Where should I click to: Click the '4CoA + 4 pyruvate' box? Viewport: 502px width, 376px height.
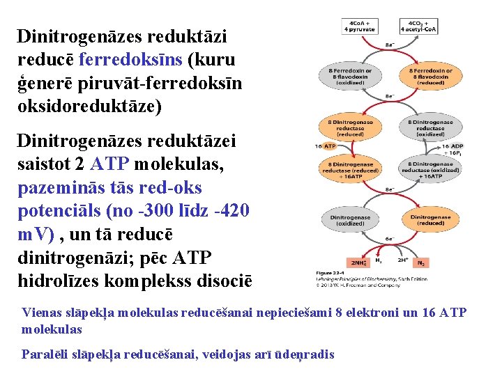click(x=360, y=26)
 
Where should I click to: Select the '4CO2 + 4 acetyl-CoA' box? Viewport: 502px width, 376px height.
click(x=418, y=26)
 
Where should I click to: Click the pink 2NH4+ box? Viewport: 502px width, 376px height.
click(x=359, y=263)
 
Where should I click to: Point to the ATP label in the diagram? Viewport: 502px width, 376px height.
click(x=330, y=147)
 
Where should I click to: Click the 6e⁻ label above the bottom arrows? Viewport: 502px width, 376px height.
click(x=390, y=238)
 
